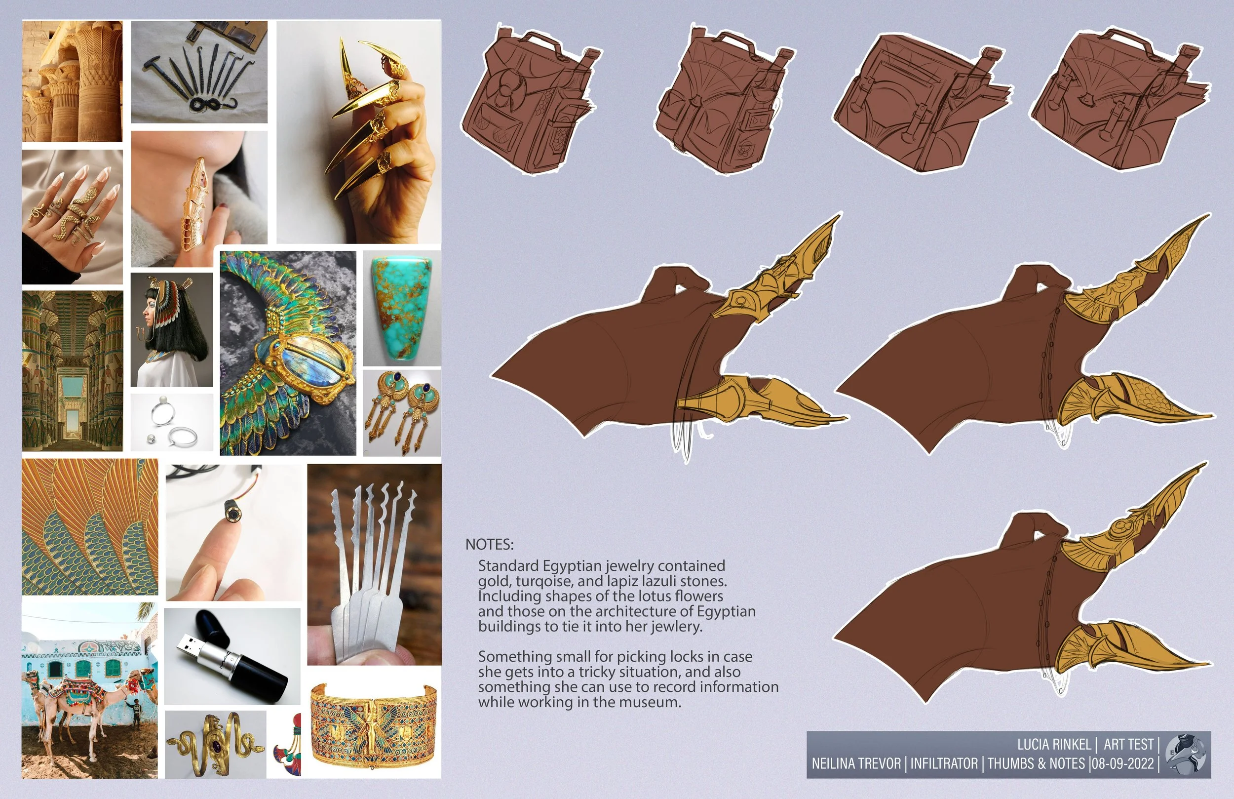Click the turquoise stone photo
click(401, 308)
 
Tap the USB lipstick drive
click(231, 656)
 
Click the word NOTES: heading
click(490, 544)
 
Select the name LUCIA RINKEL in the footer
click(1053, 745)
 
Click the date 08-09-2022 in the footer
click(1123, 764)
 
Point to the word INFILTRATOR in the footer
click(944, 764)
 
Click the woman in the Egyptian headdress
click(172, 330)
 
